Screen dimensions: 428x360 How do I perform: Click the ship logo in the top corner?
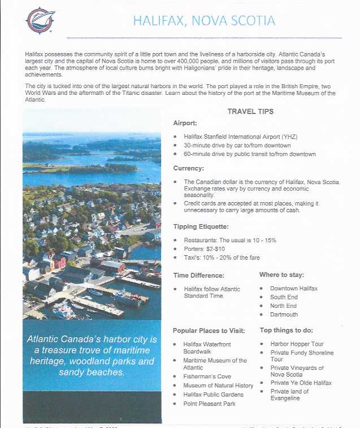(40, 21)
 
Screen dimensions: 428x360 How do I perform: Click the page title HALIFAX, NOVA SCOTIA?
(204, 21)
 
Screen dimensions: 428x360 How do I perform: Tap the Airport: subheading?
(185, 123)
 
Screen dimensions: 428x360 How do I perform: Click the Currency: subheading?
(189, 168)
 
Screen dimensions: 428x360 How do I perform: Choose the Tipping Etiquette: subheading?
(201, 226)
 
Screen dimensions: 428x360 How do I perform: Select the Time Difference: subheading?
(199, 275)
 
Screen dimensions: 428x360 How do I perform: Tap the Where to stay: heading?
(281, 275)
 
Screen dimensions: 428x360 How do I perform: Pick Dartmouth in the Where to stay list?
(284, 315)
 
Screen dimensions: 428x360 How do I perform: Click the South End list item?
(283, 297)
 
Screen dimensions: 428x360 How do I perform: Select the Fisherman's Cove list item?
(207, 376)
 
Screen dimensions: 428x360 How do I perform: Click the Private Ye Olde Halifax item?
(301, 383)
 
